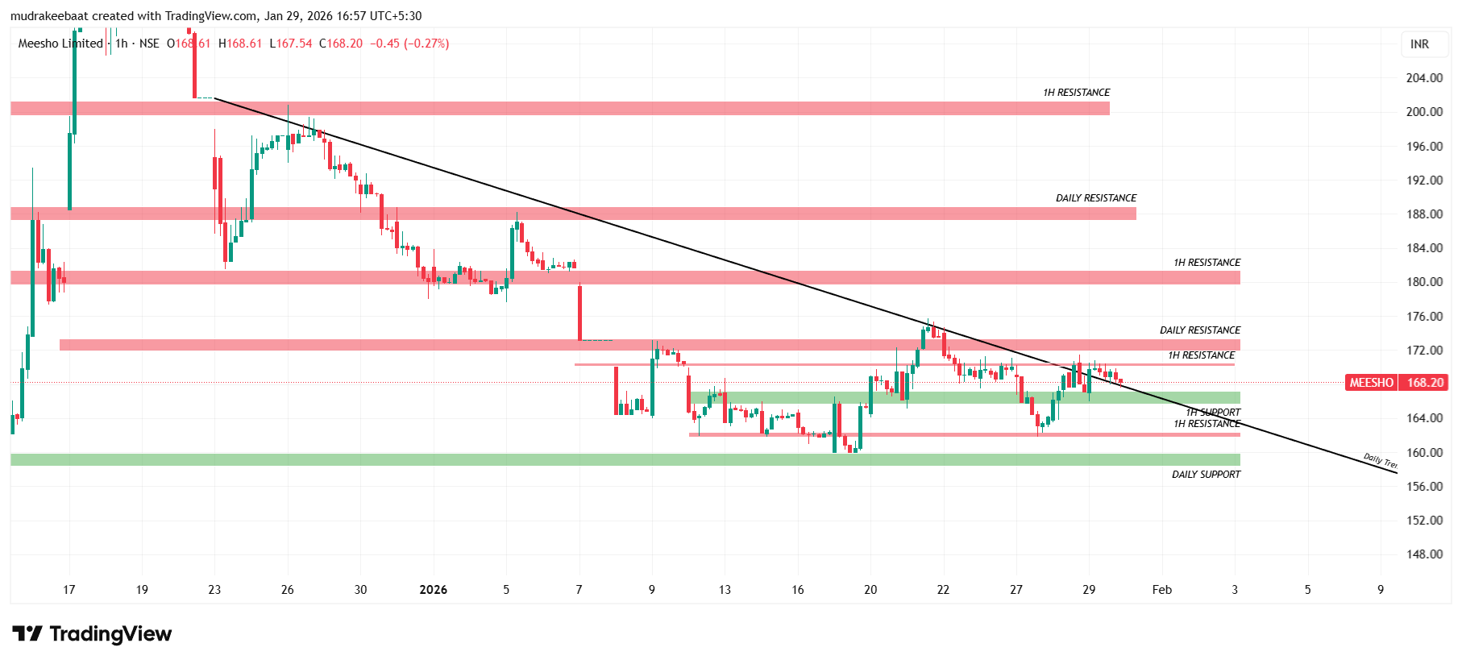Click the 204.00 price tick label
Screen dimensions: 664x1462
coord(1423,78)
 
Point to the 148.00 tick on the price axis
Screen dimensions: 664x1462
coord(1423,554)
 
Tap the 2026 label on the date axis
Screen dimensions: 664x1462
coord(434,590)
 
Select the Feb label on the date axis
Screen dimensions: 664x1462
coord(1161,590)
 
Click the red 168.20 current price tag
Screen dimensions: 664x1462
coord(1425,383)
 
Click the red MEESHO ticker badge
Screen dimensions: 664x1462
coord(1371,383)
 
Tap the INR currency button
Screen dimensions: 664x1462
coord(1419,44)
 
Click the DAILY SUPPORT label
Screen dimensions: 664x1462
coord(1206,475)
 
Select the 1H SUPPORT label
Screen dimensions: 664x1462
coord(1213,413)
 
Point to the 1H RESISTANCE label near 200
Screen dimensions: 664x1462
coord(1076,93)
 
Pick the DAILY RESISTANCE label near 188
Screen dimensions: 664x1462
coord(1095,198)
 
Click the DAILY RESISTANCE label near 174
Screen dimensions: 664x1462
coord(1199,330)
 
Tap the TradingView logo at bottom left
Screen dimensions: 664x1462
coord(92,634)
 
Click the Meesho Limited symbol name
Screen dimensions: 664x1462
coord(60,44)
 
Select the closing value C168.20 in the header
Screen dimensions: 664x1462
coord(341,44)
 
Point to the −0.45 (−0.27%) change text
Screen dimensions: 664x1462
coord(409,44)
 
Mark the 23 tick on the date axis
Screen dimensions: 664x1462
coord(214,590)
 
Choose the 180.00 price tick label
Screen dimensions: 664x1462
coord(1423,282)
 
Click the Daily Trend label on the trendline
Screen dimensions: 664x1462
coord(1380,461)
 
